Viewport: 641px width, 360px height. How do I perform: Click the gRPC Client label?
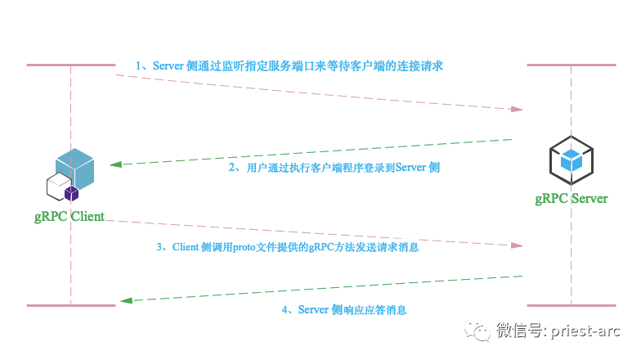(x=69, y=216)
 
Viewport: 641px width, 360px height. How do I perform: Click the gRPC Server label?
(x=571, y=199)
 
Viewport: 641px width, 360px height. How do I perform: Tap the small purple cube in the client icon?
(x=72, y=193)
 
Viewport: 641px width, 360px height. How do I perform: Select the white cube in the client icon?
(x=59, y=187)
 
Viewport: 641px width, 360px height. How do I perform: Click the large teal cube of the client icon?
(x=75, y=169)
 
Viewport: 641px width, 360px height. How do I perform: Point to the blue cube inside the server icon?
(x=571, y=160)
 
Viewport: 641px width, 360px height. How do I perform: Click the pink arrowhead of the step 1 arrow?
(x=517, y=110)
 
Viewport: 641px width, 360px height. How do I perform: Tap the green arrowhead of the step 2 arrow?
(x=116, y=164)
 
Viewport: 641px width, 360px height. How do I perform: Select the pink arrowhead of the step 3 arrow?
(x=517, y=245)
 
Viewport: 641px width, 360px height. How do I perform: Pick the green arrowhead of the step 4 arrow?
(x=126, y=301)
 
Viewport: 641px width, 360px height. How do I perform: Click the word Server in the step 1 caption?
(x=168, y=65)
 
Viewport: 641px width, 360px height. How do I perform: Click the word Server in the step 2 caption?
(x=410, y=167)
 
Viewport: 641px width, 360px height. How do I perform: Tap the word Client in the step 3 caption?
(x=185, y=247)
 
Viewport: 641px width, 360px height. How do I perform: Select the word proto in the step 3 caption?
(x=244, y=247)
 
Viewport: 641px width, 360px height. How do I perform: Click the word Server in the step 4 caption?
(x=313, y=309)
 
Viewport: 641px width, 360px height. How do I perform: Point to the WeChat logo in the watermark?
(x=477, y=331)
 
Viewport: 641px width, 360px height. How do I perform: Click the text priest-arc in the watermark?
(x=585, y=331)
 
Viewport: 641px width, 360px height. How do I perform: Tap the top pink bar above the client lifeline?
(x=71, y=65)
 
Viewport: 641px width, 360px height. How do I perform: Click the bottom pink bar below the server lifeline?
(x=571, y=306)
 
